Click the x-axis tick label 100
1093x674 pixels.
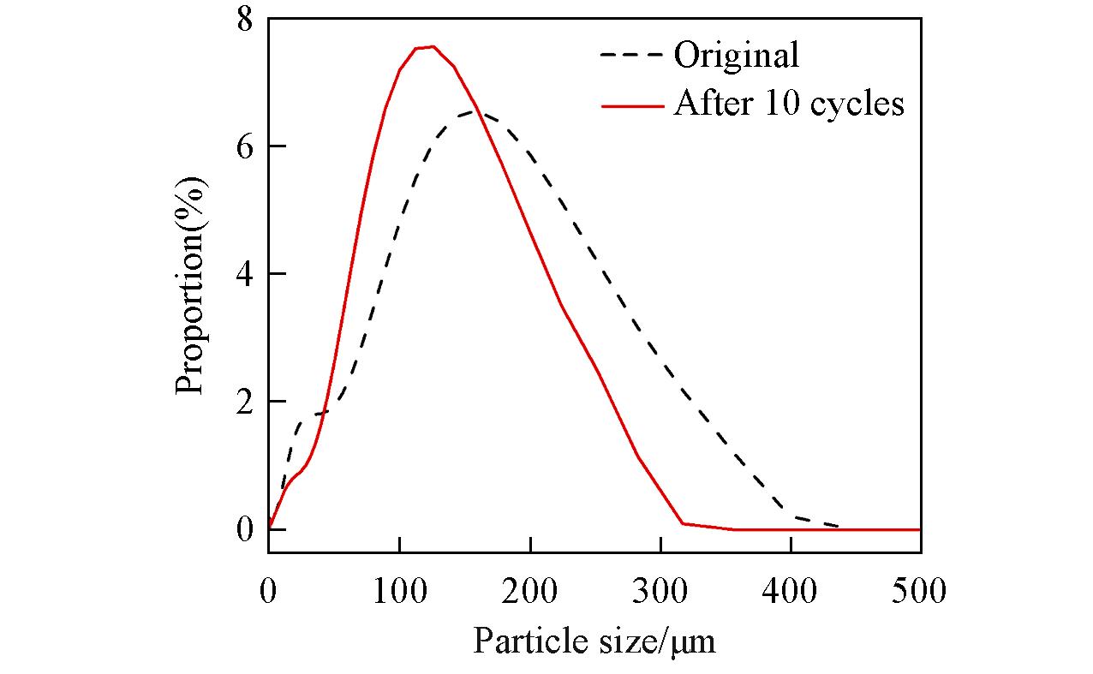tap(399, 590)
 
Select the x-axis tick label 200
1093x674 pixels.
tap(530, 590)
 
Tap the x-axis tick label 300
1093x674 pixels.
tap(660, 590)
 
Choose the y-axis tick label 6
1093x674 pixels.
tap(246, 146)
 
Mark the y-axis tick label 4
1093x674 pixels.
tap(246, 274)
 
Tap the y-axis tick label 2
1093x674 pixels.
tap(246, 402)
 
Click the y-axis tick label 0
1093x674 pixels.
tap(246, 529)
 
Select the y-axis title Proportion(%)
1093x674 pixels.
tap(191, 285)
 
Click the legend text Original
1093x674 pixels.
tap(737, 56)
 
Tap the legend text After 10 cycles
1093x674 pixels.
tap(789, 104)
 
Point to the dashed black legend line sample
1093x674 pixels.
tap(632, 55)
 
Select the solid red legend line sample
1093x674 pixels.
tap(632, 104)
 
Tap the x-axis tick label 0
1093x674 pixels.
tap(269, 590)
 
